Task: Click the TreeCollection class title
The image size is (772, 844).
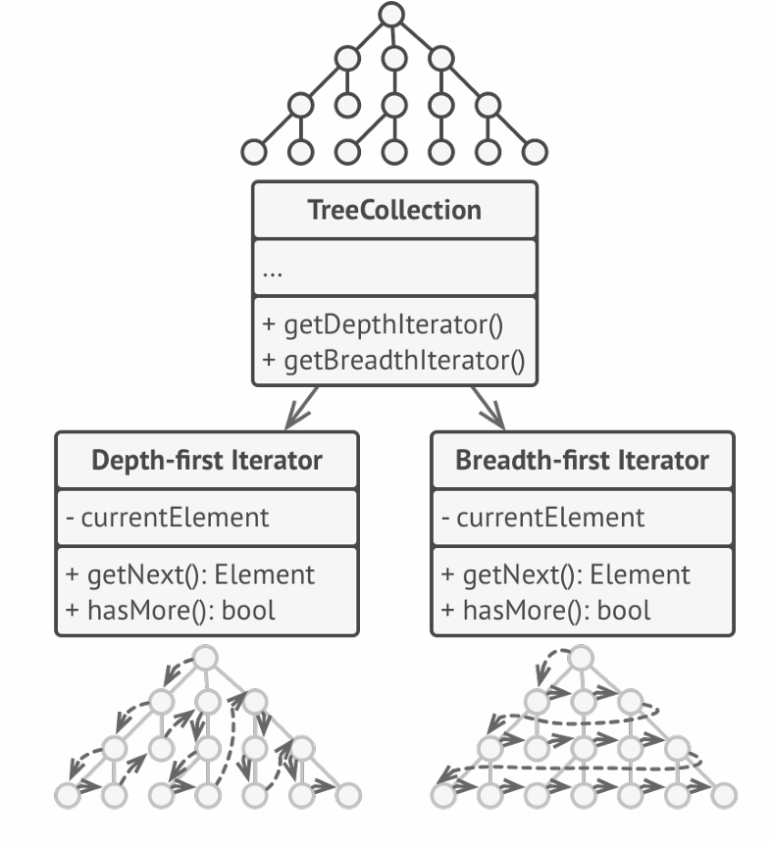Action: [x=394, y=209]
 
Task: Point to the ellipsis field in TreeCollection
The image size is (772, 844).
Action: [x=274, y=270]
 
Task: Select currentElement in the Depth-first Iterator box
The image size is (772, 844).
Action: [x=169, y=517]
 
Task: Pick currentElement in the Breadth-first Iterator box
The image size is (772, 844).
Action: [x=544, y=517]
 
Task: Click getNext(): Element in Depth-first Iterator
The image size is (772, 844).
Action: [x=189, y=574]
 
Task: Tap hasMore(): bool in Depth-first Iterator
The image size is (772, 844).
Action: [x=170, y=610]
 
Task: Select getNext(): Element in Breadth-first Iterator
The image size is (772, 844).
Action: [x=566, y=574]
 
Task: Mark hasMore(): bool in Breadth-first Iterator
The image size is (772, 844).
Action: [x=545, y=610]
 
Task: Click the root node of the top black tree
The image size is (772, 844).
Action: [x=391, y=14]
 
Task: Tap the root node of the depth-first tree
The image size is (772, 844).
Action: [x=205, y=657]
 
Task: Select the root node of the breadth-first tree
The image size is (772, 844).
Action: [x=582, y=657]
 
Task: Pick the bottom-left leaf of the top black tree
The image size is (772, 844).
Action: [x=253, y=152]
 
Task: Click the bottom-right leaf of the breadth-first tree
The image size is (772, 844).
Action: [x=724, y=794]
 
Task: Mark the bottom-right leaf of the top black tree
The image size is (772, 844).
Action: [x=535, y=152]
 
